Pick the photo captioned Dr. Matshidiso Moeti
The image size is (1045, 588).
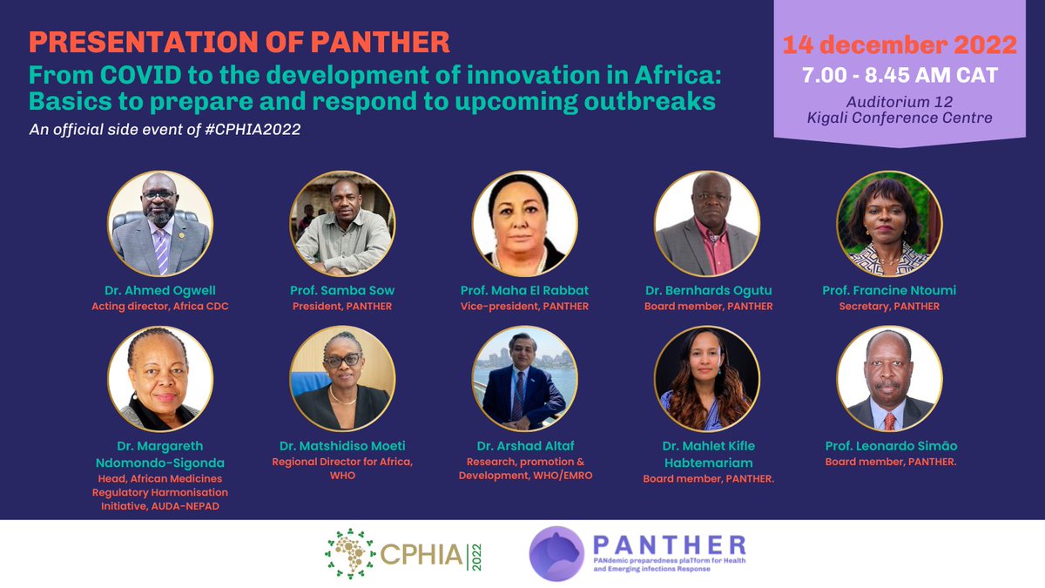tap(342, 379)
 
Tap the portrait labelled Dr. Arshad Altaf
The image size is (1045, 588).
tap(524, 379)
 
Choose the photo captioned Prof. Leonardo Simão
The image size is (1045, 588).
tap(888, 379)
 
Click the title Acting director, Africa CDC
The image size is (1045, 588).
tap(160, 306)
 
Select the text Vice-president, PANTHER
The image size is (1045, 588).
tap(524, 306)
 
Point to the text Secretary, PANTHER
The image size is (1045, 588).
tap(888, 306)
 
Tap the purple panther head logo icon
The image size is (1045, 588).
tap(558, 555)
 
